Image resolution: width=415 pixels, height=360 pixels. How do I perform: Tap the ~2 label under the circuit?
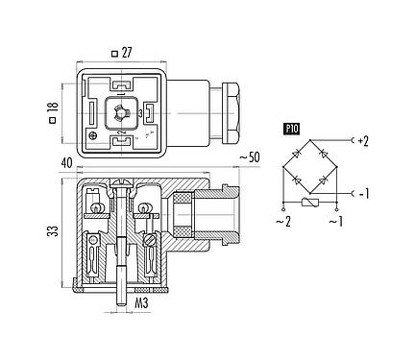[283, 223]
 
